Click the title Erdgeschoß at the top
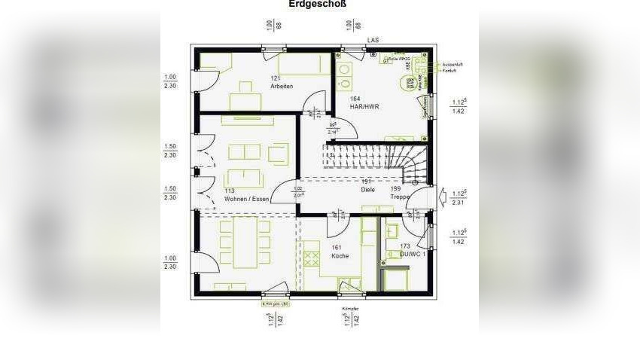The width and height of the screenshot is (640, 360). (318, 4)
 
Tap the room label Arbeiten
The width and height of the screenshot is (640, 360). (282, 86)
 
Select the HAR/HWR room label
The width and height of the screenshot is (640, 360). (364, 107)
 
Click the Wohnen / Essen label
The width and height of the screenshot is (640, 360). (245, 199)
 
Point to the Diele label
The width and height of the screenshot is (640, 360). (367, 189)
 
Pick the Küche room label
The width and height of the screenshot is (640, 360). (340, 256)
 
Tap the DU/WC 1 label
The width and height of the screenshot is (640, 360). (413, 255)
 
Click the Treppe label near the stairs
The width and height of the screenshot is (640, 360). (400, 197)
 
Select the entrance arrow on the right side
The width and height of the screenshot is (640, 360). (442, 197)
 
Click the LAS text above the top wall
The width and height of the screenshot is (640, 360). (372, 40)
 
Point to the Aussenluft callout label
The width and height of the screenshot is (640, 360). (453, 65)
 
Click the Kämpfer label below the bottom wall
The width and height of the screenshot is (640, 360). (350, 309)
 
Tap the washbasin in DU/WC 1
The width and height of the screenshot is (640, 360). (392, 230)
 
